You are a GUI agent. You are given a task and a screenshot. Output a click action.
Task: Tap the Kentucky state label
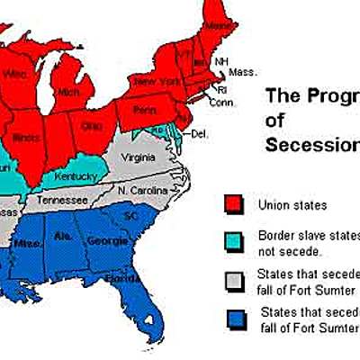pyautogui.click(x=76, y=176)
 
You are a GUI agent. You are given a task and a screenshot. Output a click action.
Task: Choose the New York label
pyautogui.click(x=153, y=83)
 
